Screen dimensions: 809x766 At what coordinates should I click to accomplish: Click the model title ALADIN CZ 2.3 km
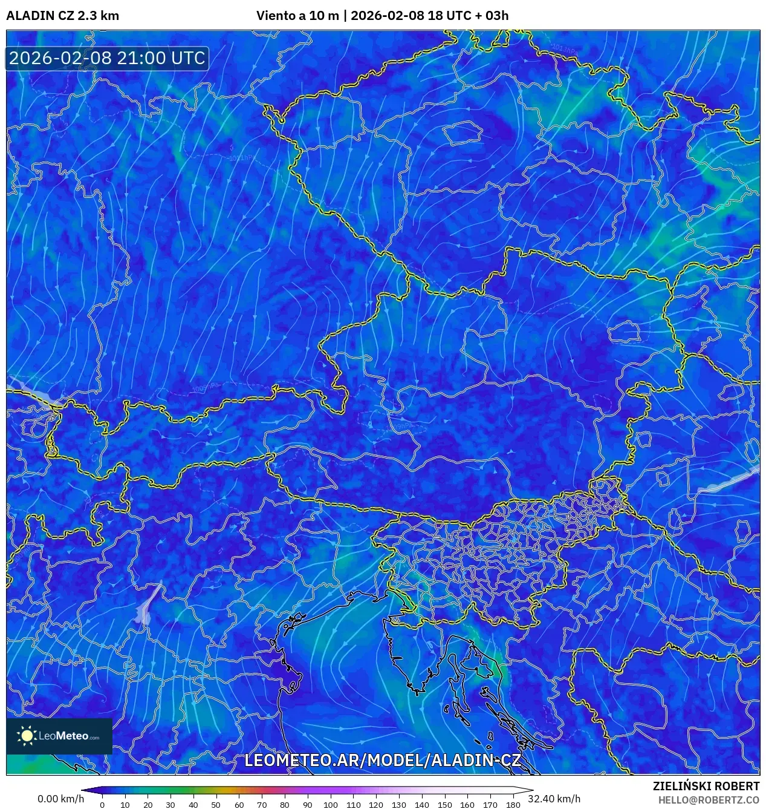(x=62, y=16)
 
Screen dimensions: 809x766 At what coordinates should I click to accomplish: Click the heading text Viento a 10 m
(x=297, y=16)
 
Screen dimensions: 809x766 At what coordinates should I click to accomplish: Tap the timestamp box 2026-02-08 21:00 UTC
(x=107, y=58)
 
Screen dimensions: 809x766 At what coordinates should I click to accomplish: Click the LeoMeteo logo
(x=59, y=736)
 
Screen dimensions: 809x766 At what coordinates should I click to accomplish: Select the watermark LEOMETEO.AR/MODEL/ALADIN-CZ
(x=382, y=760)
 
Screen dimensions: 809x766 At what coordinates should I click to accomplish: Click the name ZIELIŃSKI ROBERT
(x=706, y=786)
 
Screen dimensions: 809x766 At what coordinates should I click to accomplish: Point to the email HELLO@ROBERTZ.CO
(x=709, y=800)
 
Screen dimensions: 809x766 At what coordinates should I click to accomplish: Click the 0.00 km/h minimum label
(x=60, y=799)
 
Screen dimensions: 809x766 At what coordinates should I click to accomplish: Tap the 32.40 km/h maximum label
(x=554, y=799)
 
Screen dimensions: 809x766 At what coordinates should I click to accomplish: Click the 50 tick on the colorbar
(x=216, y=805)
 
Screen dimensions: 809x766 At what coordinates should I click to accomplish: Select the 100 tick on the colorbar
(x=330, y=805)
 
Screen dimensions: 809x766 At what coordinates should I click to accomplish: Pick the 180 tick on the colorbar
(x=513, y=805)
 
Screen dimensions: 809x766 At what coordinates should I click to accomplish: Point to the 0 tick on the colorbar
(x=102, y=805)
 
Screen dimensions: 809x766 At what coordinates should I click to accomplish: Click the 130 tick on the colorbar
(x=398, y=805)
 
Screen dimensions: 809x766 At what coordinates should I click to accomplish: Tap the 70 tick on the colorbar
(x=262, y=805)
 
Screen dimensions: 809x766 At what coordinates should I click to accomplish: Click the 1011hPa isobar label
(x=242, y=159)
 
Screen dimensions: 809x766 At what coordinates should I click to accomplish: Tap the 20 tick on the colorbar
(x=148, y=805)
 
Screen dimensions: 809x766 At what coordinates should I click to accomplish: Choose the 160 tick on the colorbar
(x=467, y=805)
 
